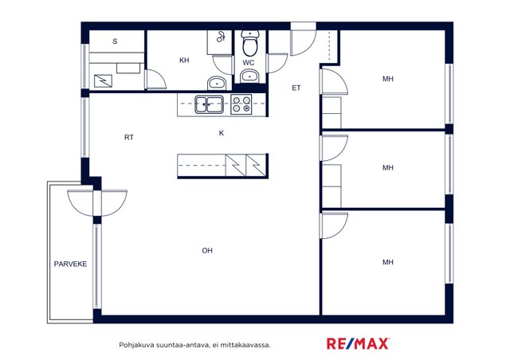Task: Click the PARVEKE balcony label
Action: [70, 264]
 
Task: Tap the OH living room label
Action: [207, 250]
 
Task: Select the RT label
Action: [129, 137]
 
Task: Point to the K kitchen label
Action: [222, 133]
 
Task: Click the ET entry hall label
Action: [296, 88]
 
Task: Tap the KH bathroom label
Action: [184, 61]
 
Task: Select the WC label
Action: [248, 63]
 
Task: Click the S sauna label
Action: [115, 41]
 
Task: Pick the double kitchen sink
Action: [209, 104]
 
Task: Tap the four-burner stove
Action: [241, 104]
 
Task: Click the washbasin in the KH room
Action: [216, 84]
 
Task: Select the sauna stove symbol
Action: [103, 80]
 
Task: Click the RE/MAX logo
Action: [358, 343]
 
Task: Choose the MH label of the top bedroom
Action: [388, 79]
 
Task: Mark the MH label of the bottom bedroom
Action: [388, 262]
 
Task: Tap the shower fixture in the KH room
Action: [221, 37]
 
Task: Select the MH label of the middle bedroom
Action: [388, 167]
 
